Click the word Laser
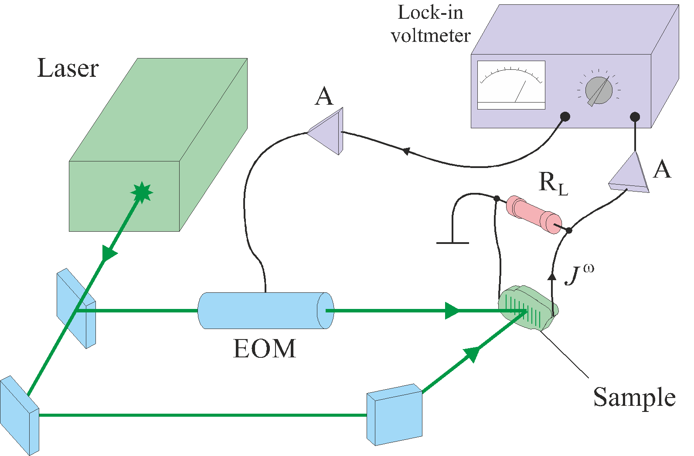[68, 69]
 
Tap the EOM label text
[265, 349]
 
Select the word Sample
[634, 397]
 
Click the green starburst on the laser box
[142, 192]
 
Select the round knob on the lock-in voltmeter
[599, 90]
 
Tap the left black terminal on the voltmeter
[565, 117]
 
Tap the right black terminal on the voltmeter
[635, 117]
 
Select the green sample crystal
[527, 308]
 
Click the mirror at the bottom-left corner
[19, 415]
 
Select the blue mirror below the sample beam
[395, 415]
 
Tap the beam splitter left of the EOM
[76, 308]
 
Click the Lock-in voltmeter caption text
[431, 24]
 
